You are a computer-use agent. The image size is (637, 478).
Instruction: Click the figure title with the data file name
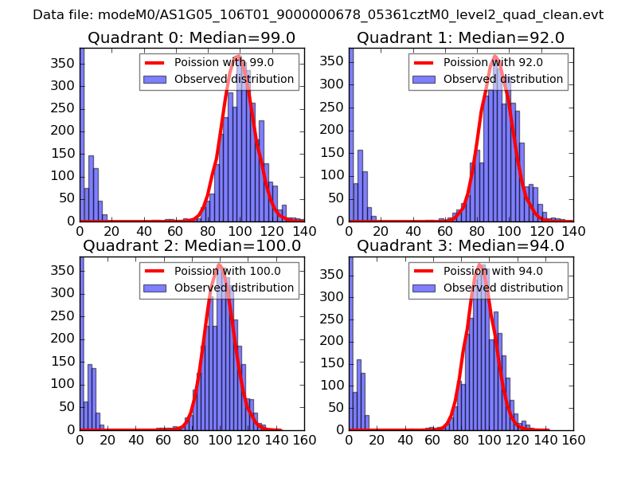tap(318, 15)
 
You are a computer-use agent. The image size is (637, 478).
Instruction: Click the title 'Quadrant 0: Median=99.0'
tap(191, 37)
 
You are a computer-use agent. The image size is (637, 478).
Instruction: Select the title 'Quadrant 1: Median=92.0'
tap(460, 37)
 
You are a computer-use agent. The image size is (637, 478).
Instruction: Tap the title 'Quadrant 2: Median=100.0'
tap(191, 245)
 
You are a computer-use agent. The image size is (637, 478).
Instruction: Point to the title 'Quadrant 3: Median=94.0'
tap(460, 245)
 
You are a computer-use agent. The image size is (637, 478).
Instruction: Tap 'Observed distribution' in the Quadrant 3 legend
tap(503, 287)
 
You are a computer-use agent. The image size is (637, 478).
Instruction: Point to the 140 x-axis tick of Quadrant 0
tap(304, 231)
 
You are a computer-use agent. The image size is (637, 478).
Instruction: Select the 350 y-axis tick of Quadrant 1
tap(336, 61)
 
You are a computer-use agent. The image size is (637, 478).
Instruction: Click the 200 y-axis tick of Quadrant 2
tap(65, 339)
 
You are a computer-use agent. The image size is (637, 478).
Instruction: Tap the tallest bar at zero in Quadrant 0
tap(82, 135)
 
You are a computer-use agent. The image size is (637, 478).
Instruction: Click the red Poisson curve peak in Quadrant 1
tap(494, 57)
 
